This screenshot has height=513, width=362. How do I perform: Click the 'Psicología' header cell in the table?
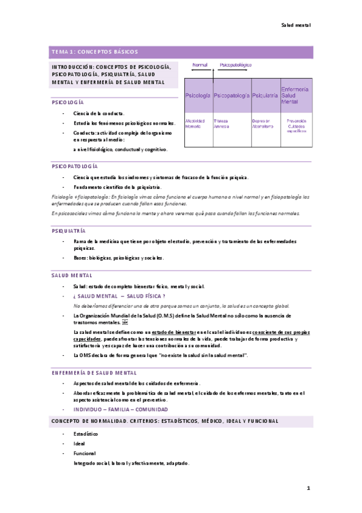(198, 96)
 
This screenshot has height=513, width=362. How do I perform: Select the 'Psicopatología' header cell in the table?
(232, 96)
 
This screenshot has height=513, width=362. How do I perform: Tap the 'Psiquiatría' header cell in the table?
(265, 96)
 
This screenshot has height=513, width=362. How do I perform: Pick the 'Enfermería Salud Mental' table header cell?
(296, 96)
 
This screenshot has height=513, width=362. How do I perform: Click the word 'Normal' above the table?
(199, 65)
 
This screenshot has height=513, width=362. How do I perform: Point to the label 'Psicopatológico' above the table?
(236, 65)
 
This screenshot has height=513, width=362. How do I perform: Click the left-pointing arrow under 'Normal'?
(199, 71)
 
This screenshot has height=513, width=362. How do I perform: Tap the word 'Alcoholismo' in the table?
(263, 126)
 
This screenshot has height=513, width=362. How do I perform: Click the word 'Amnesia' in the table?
(221, 126)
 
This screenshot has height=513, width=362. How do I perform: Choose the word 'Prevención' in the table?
(297, 121)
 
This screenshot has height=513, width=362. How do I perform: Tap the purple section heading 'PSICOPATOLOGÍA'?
(74, 166)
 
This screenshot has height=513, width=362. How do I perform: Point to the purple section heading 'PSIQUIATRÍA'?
(69, 231)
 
